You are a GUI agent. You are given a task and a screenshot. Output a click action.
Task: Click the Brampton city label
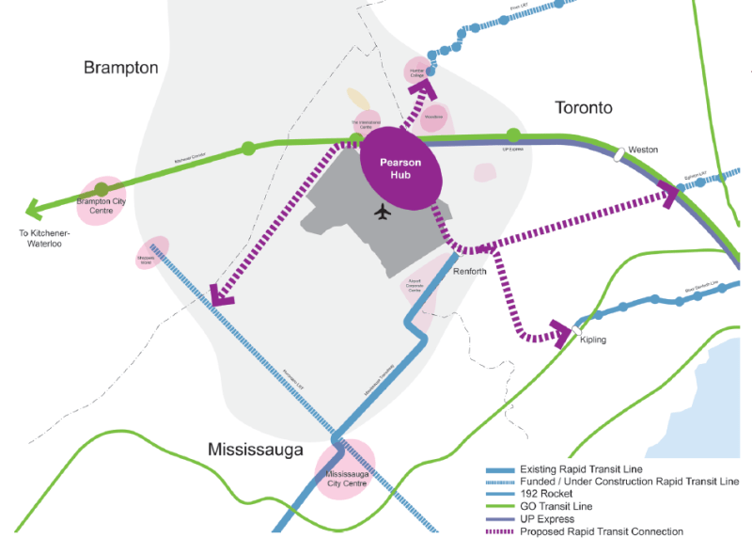pos(120,68)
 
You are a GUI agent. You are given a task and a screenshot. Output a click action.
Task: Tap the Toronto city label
pos(584,107)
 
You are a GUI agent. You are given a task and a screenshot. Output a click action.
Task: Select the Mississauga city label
pos(256,450)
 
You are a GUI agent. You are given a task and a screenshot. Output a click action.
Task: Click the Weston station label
pos(644,150)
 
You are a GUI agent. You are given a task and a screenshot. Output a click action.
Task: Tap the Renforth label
pos(470,271)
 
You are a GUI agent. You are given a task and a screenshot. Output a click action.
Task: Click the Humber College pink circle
pos(419,71)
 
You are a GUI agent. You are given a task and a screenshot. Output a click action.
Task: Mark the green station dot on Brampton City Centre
pos(102,190)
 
